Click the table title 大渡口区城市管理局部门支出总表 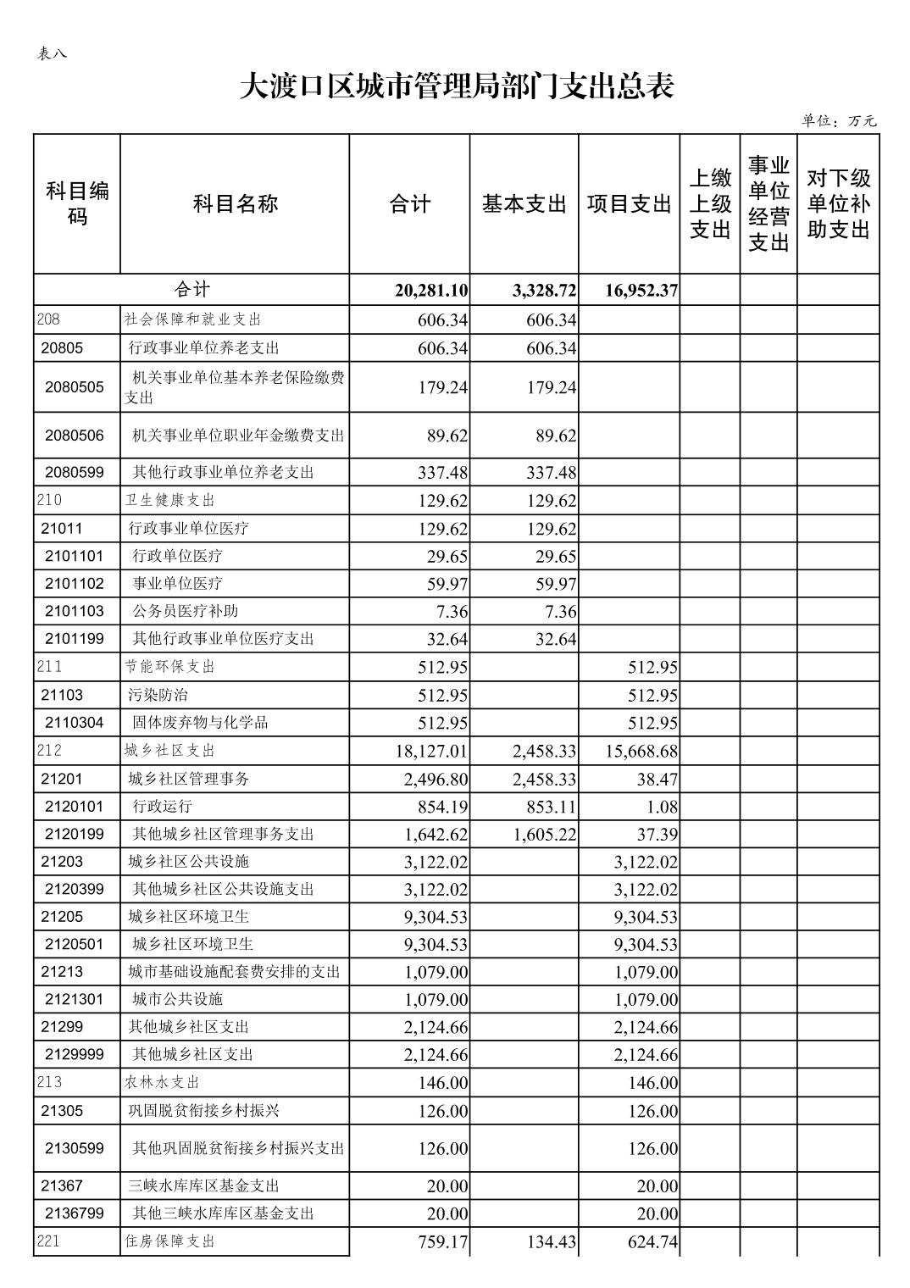click(456, 86)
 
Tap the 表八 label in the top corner click(52, 53)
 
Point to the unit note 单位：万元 click(838, 121)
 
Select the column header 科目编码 click(77, 203)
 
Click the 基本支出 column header click(524, 204)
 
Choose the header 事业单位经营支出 click(769, 203)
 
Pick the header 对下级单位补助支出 click(838, 203)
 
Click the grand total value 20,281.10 click(431, 291)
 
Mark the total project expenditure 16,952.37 click(641, 291)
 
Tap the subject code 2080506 click(75, 436)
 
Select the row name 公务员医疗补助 click(179, 611)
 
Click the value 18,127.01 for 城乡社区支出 click(431, 752)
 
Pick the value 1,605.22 click(544, 835)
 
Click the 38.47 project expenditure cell click(658, 779)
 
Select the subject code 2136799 click(75, 1213)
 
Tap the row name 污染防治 click(158, 695)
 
